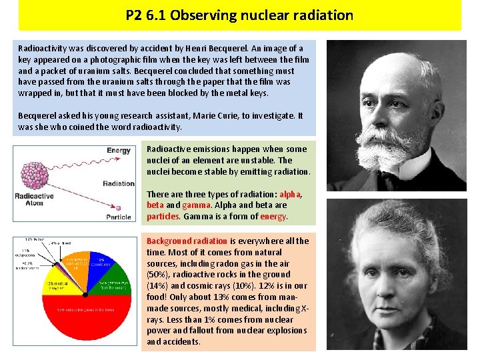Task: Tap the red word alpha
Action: click(x=290, y=194)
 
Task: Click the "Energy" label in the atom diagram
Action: click(x=119, y=151)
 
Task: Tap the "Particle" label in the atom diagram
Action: click(x=119, y=217)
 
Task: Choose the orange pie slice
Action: click(x=75, y=265)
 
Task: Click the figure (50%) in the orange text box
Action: click(x=158, y=275)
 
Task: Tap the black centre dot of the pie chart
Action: click(x=84, y=294)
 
